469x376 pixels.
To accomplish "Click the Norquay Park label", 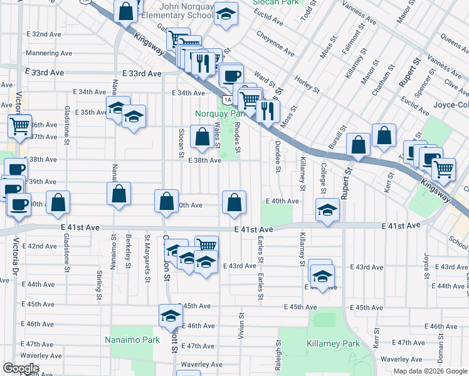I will click(218, 114).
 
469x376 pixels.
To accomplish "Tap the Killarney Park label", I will click(333, 344).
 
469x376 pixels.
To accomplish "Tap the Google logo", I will click(21, 368).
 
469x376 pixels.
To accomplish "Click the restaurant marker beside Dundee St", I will click(268, 112).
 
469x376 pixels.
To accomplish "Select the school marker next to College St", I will click(327, 210).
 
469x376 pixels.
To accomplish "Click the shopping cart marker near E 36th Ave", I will click(19, 125).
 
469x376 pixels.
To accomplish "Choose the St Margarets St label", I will click(147, 248).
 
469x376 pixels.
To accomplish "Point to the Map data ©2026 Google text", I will click(429, 371).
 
